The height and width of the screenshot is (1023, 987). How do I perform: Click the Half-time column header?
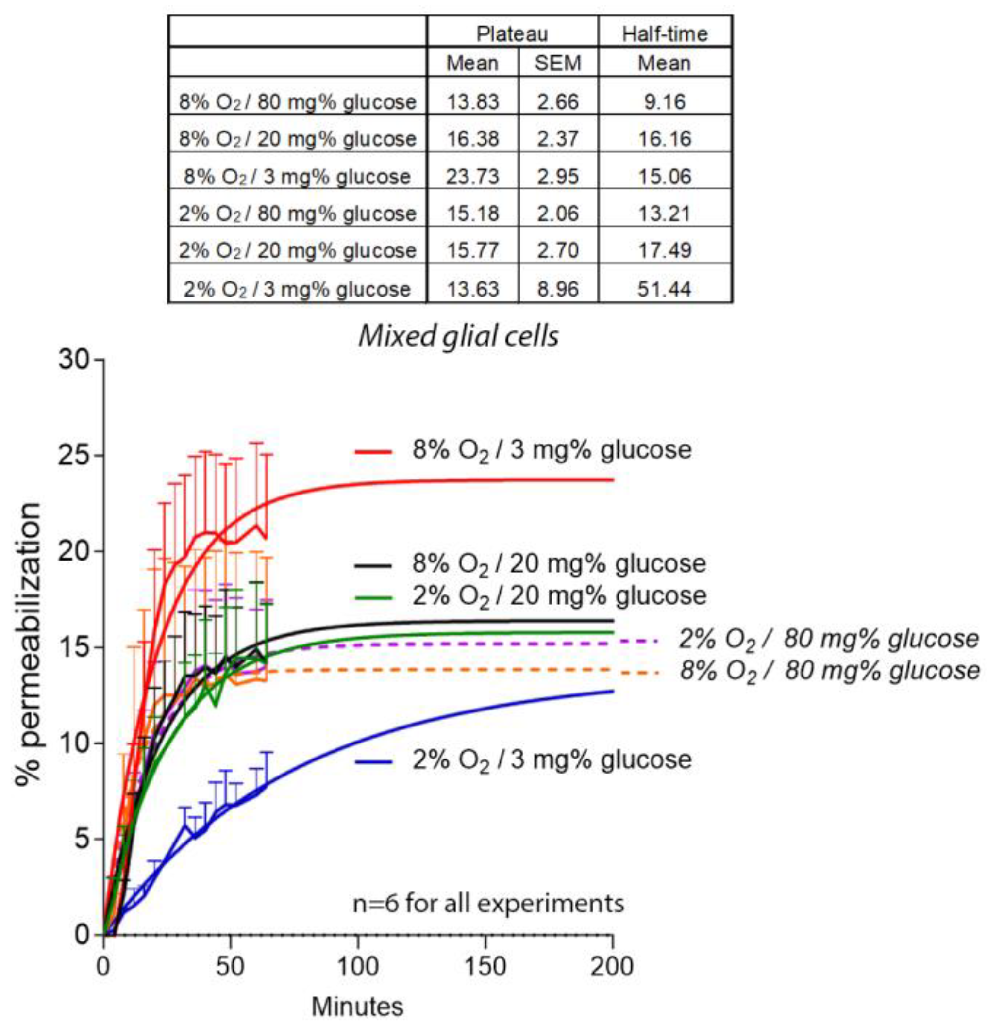pos(664,34)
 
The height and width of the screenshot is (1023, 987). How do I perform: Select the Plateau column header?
pos(512,34)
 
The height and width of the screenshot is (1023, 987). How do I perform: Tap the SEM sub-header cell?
pos(557,63)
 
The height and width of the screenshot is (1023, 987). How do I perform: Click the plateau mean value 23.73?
pos(472,177)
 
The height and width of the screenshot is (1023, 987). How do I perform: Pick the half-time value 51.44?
pos(664,289)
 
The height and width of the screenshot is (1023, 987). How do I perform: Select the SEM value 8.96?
pos(557,289)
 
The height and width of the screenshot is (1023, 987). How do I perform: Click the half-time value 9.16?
pos(664,101)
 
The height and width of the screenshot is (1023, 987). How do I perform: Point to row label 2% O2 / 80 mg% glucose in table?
pos(297,214)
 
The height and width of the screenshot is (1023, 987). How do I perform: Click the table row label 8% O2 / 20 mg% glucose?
pos(297,139)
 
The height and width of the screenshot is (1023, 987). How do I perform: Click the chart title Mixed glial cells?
pos(458,336)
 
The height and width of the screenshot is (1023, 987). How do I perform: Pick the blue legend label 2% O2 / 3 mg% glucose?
pos(552,760)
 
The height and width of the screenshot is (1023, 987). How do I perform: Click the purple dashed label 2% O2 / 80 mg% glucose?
pos(828,640)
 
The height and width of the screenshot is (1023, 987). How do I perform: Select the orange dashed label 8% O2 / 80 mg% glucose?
pos(829,671)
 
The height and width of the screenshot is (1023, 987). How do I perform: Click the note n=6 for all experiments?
pos(488,903)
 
